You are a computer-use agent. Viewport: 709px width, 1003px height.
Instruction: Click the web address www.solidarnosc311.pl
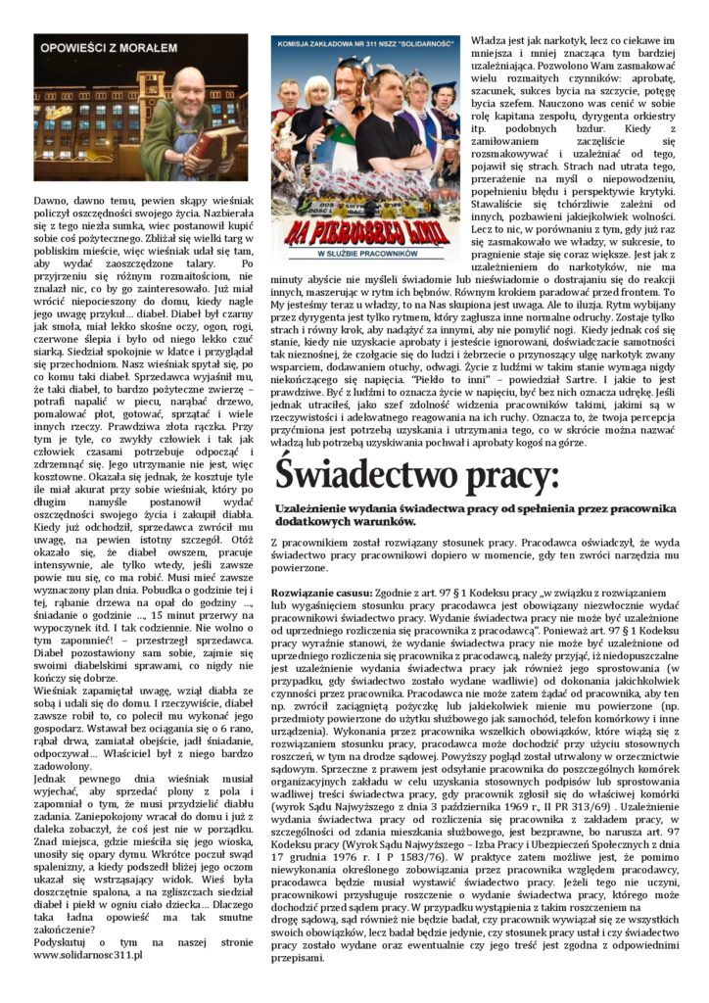coord(88,953)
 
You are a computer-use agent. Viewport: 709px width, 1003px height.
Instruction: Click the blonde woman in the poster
coord(317,108)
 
